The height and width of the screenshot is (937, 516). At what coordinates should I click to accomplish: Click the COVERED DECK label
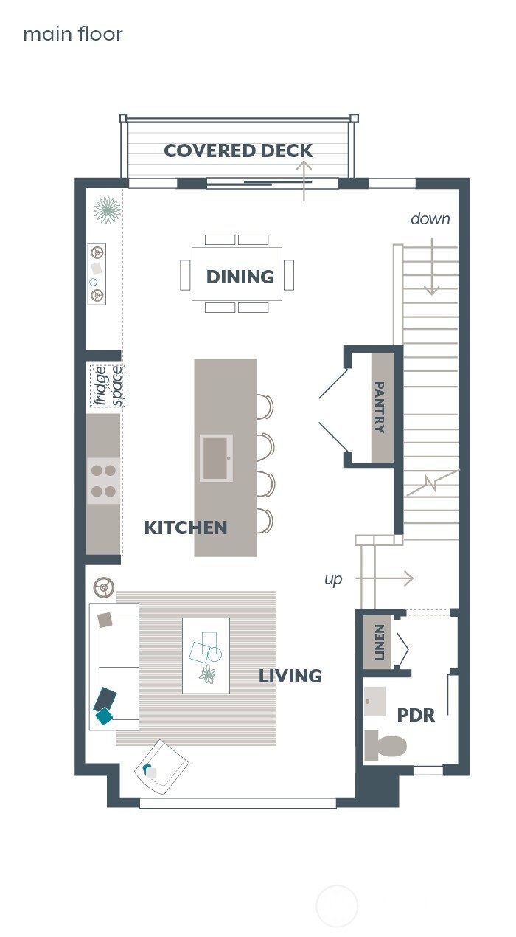pyautogui.click(x=238, y=151)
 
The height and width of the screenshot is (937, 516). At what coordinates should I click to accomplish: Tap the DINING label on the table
pyautogui.click(x=240, y=277)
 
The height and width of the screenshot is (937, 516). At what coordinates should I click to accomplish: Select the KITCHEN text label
pyautogui.click(x=185, y=528)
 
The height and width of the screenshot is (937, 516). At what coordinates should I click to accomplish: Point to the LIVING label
pyautogui.click(x=290, y=676)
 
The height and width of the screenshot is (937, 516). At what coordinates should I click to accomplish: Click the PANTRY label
pyautogui.click(x=380, y=407)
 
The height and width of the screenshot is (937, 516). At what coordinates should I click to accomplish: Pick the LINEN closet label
pyautogui.click(x=379, y=642)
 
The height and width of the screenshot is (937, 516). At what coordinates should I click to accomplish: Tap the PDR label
pyautogui.click(x=416, y=715)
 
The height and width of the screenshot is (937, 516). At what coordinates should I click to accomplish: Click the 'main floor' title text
pyautogui.click(x=73, y=34)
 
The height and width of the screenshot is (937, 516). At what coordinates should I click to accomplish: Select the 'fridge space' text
pyautogui.click(x=108, y=386)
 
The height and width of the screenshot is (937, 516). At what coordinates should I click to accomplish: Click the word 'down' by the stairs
pyautogui.click(x=430, y=219)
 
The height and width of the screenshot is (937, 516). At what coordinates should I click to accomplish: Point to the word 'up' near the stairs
pyautogui.click(x=333, y=579)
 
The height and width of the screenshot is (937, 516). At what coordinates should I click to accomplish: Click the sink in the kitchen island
pyautogui.click(x=216, y=457)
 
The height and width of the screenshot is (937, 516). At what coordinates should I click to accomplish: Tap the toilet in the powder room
pyautogui.click(x=385, y=745)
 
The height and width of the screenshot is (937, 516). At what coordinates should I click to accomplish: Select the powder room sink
pyautogui.click(x=375, y=702)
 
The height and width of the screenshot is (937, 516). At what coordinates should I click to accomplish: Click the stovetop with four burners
pyautogui.click(x=103, y=480)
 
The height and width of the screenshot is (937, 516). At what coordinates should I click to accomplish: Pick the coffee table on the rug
pyautogui.click(x=206, y=655)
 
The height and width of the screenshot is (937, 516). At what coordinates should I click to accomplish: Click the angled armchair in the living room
pyautogui.click(x=161, y=767)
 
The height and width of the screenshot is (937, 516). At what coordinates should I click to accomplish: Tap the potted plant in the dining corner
pyautogui.click(x=108, y=210)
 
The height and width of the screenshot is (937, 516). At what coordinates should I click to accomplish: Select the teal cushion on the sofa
pyautogui.click(x=104, y=715)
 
